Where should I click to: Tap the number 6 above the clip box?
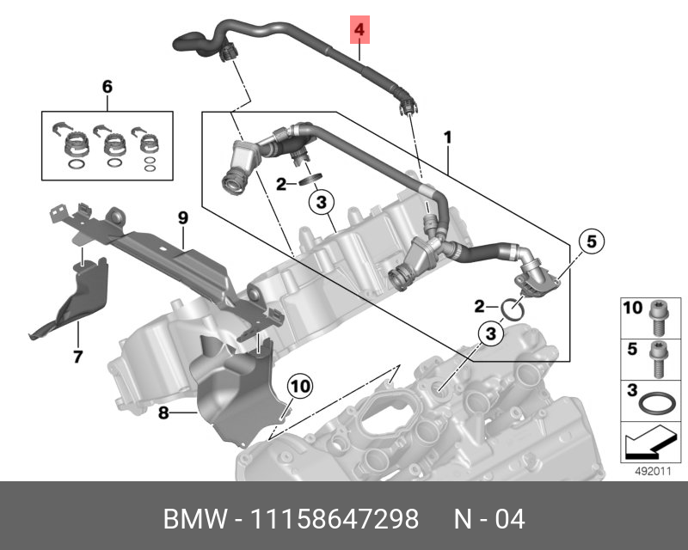coord(107,88)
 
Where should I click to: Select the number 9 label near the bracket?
coord(183,219)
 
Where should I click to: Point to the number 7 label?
coord(77,356)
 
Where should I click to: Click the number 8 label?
coord(163,413)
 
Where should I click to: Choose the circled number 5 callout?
coord(591,243)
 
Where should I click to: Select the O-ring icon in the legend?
coord(659,402)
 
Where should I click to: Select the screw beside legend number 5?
coord(659,357)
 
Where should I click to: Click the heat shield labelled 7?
coord(73,296)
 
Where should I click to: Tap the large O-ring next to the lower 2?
coord(514,308)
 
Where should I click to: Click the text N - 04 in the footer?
coord(489,520)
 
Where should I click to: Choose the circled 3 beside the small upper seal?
coord(319,204)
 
